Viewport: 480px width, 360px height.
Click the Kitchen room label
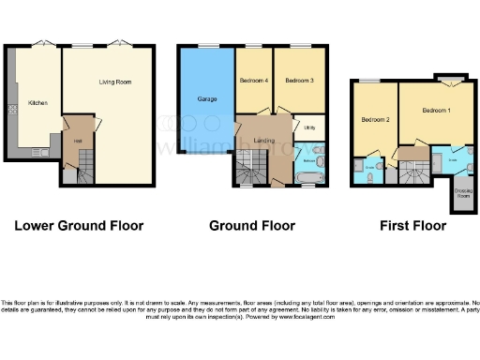37,103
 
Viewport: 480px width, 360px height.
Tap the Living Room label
114,82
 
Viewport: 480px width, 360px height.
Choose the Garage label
206,97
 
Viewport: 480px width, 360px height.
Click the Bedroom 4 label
253,81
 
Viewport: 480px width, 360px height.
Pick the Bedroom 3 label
298,81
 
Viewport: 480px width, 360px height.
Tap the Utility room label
308,127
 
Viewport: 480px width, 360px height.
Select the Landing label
264,140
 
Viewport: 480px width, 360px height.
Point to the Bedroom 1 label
436,111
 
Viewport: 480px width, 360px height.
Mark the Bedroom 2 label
375,120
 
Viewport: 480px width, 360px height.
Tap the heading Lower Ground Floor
78,226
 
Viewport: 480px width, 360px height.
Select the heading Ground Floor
252,226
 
